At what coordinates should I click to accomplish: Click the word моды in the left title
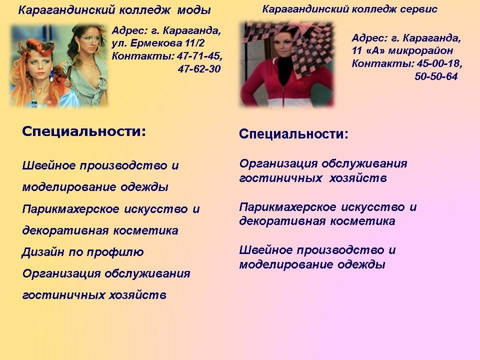click(x=194, y=10)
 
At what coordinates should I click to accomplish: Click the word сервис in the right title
click(x=418, y=9)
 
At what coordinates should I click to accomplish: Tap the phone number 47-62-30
click(x=199, y=69)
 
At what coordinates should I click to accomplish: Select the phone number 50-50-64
click(x=436, y=76)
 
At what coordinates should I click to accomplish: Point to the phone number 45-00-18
click(x=439, y=63)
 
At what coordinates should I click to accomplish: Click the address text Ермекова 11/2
click(x=167, y=43)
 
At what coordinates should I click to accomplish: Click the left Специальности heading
click(x=84, y=131)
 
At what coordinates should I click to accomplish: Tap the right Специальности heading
click(x=293, y=134)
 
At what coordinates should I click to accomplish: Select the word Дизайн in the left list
click(x=43, y=252)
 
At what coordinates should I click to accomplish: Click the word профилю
click(x=115, y=252)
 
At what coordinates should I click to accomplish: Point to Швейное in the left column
click(x=49, y=165)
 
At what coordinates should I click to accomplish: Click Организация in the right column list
click(x=278, y=164)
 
